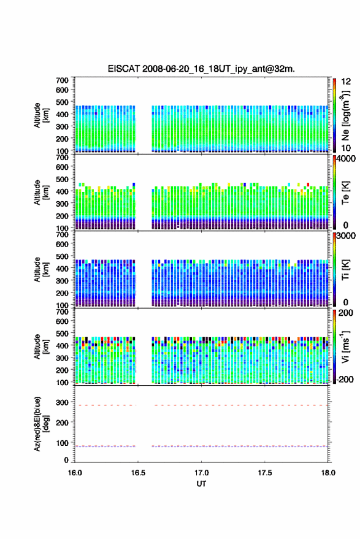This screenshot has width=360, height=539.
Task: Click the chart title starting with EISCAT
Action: [x=201, y=69]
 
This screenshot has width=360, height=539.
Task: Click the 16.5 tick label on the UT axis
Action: [x=138, y=473]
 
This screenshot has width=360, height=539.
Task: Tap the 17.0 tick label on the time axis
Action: [x=201, y=473]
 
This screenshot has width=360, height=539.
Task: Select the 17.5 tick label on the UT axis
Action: [x=264, y=473]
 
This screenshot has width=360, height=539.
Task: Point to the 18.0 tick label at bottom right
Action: [x=328, y=473]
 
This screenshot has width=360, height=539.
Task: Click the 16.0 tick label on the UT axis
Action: [x=75, y=473]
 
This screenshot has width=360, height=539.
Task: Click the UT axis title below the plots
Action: [x=201, y=484]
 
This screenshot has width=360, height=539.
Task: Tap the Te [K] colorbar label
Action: [x=345, y=193]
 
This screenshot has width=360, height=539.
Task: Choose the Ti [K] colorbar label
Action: [x=345, y=270]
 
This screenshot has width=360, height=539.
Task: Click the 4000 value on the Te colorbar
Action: [x=346, y=159]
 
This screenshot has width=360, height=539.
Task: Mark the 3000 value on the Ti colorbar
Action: [x=346, y=236]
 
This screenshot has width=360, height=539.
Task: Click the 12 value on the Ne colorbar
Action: [x=347, y=82]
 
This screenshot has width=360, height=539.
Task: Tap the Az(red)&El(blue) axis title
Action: [x=40, y=424]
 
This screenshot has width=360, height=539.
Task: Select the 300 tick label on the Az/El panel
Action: [x=62, y=402]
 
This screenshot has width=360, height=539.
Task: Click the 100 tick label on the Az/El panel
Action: [x=62, y=443]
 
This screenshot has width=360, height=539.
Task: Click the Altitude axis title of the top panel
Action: [x=40, y=115]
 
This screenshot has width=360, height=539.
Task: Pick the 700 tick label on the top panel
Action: [x=62, y=80]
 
